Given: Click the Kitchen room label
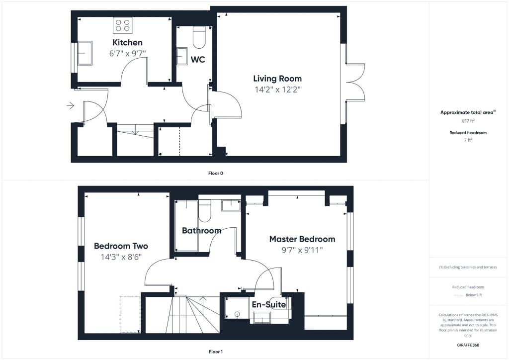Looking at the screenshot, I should pyautogui.click(x=127, y=42).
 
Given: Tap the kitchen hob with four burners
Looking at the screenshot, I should pyautogui.click(x=122, y=25).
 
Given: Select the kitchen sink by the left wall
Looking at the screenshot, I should pyautogui.click(x=84, y=53).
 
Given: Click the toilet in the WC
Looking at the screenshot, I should pyautogui.click(x=199, y=38).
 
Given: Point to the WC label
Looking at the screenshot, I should pyautogui.click(x=198, y=60).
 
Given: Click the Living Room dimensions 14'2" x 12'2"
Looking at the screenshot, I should pyautogui.click(x=277, y=90).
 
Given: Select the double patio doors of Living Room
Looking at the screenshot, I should pyautogui.click(x=355, y=82).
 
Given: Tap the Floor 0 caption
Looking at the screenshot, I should pyautogui.click(x=216, y=173).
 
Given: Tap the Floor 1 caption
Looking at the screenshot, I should pyautogui.click(x=216, y=352).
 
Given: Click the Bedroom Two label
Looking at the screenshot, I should pyautogui.click(x=121, y=246).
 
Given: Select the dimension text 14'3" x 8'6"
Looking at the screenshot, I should pyautogui.click(x=121, y=257).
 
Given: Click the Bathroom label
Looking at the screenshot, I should pyautogui.click(x=201, y=231).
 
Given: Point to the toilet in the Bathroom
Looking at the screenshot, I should pyautogui.click(x=205, y=211).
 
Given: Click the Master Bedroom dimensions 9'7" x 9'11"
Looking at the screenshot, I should pyautogui.click(x=302, y=250).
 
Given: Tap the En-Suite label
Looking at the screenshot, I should pyautogui.click(x=269, y=304).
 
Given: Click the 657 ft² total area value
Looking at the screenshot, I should pyautogui.click(x=468, y=121).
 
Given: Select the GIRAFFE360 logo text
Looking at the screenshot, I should pyautogui.click(x=468, y=345).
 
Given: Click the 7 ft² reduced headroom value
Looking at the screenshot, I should pyautogui.click(x=468, y=141).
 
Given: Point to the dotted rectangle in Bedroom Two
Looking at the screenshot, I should pyautogui.click(x=130, y=314).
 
